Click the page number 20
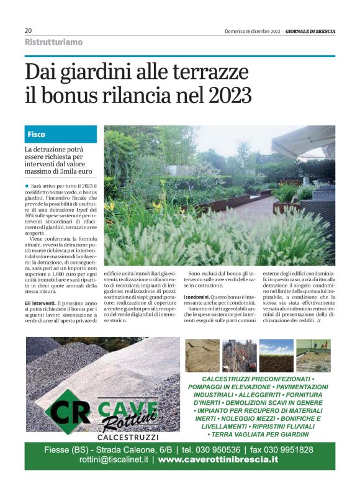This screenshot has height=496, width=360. [28, 30]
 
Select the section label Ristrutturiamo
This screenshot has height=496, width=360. [53, 42]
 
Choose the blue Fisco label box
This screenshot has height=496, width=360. [61, 134]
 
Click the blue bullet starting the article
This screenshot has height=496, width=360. [27, 186]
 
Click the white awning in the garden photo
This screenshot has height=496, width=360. [304, 140]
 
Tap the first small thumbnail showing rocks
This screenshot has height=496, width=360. [202, 356]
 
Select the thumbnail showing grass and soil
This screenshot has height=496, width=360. [276, 356]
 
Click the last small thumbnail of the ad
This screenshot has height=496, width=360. [313, 356]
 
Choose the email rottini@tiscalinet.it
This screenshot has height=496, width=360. [96, 460]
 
